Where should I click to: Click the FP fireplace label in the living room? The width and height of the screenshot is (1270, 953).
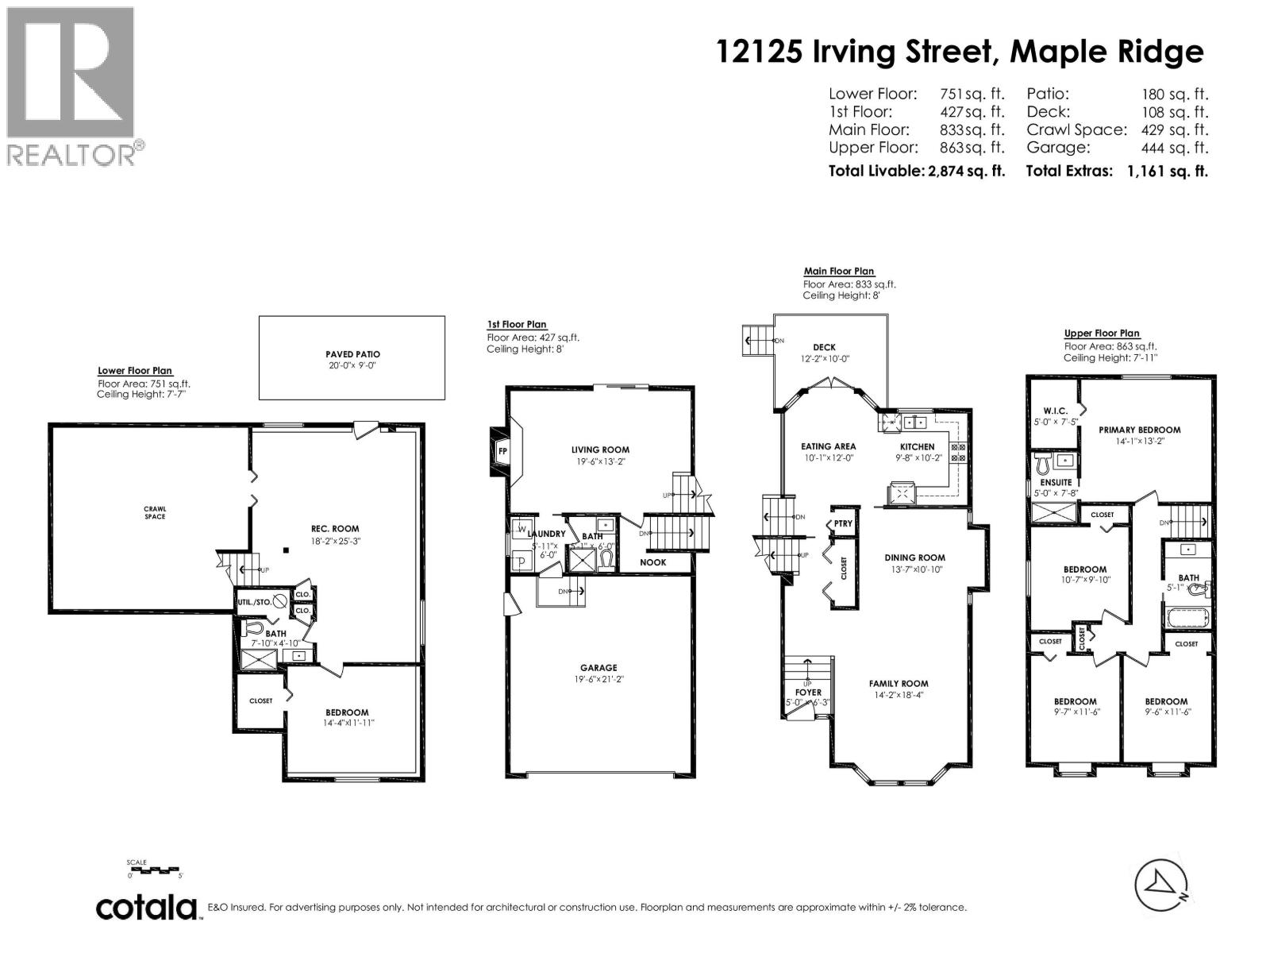click(x=502, y=452)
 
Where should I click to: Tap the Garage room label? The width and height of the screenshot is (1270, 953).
click(x=598, y=668)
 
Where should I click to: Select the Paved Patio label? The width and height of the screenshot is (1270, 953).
click(x=352, y=354)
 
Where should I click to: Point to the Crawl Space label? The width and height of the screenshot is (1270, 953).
click(x=155, y=513)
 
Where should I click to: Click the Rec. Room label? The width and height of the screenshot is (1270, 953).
click(x=335, y=528)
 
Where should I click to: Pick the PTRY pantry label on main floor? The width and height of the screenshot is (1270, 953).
click(x=843, y=523)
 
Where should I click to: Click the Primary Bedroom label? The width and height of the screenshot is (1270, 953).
click(x=1139, y=430)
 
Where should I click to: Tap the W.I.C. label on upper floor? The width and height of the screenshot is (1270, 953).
click(x=1055, y=411)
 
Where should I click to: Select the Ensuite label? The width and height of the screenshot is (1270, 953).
click(x=1056, y=482)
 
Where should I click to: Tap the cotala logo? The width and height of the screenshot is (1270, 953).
click(x=147, y=908)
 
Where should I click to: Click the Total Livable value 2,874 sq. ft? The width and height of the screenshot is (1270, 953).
click(x=966, y=171)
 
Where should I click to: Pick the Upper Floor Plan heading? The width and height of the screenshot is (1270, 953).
click(x=1101, y=334)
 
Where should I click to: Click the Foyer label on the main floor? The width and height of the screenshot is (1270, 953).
click(x=808, y=692)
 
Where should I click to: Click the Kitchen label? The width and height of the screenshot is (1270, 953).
click(x=917, y=446)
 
